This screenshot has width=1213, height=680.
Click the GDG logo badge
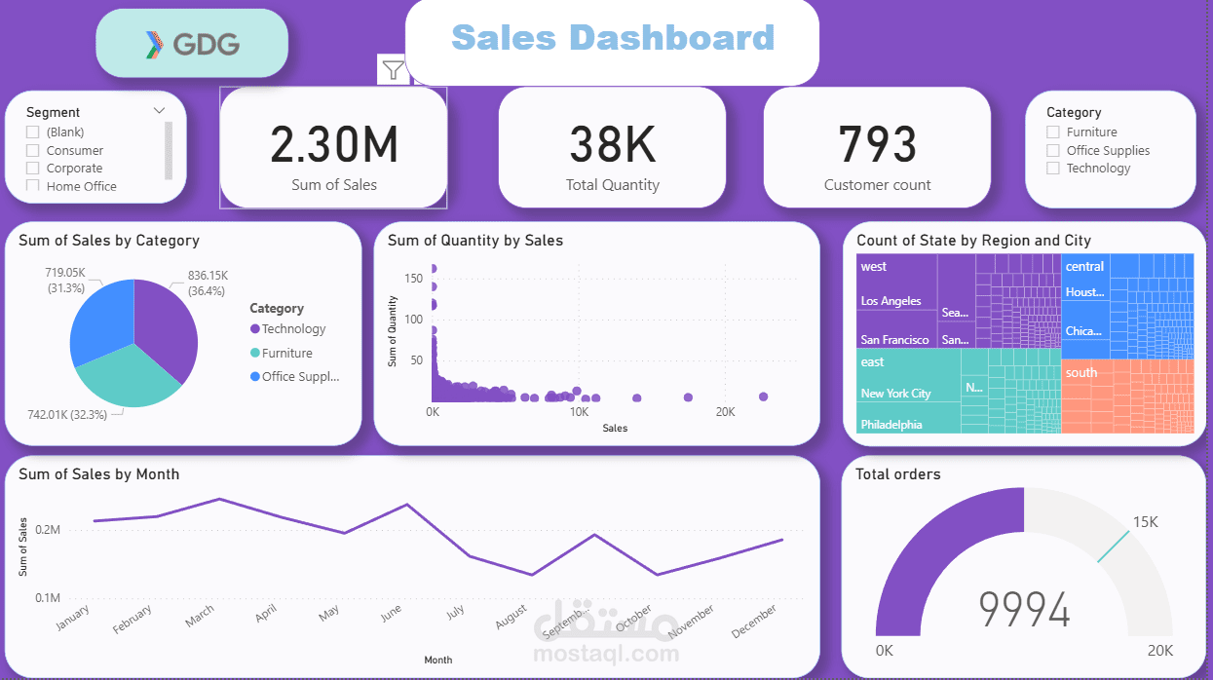192,44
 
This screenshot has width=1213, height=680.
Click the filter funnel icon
393,69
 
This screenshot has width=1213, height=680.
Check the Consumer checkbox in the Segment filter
33,150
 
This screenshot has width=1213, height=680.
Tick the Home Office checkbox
33,186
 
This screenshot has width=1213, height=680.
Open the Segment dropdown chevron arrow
159,111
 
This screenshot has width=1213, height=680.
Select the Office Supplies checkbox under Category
1052,150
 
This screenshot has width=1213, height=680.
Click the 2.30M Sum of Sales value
333,144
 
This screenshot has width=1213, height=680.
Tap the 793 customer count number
877,144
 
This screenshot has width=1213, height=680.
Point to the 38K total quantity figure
612,144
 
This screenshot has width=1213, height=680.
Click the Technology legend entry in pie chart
292,329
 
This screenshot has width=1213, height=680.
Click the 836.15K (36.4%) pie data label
208,283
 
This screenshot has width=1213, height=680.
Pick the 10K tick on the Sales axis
579,412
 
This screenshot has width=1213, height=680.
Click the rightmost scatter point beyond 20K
763,397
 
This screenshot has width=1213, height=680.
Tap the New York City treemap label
895,394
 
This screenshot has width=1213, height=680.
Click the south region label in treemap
1080,372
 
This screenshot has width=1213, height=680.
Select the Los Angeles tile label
891,301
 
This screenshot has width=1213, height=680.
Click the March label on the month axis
200,617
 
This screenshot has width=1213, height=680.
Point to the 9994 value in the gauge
1024,611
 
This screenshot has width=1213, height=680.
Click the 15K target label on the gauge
1145,522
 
